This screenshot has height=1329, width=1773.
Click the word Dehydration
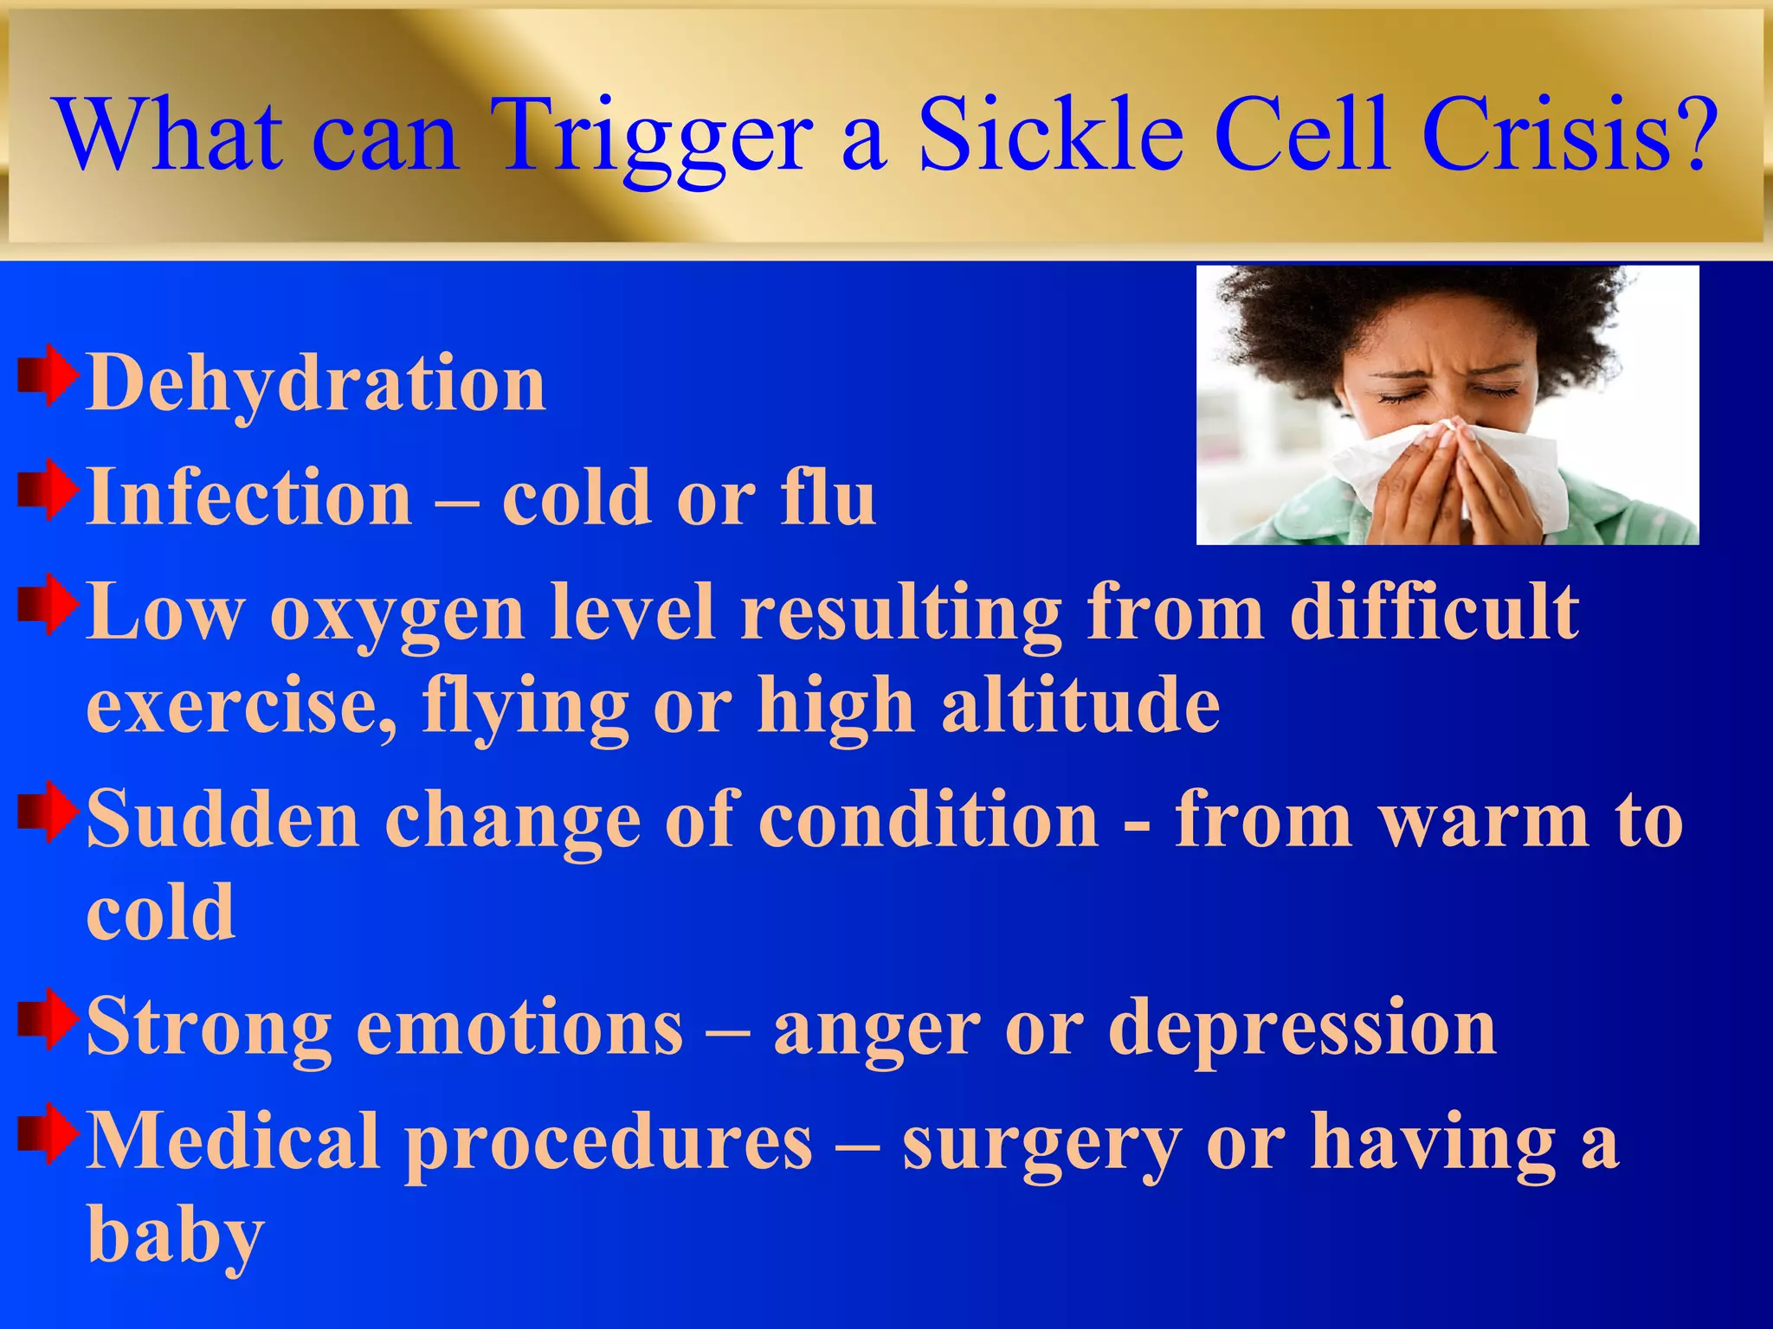[x=317, y=383]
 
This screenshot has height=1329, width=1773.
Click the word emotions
[x=519, y=1027]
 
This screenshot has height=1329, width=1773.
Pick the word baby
[x=175, y=1236]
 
